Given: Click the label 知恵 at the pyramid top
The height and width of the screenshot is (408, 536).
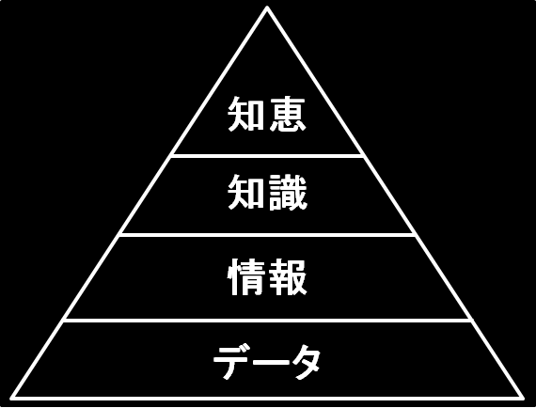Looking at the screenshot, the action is [x=267, y=114].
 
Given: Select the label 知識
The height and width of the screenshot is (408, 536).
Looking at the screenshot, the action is [x=267, y=192].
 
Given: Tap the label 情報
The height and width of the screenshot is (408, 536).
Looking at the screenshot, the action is [x=267, y=276].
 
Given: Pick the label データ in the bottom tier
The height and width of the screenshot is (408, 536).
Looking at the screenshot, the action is [x=267, y=362].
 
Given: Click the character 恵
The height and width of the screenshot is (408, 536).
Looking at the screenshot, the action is [x=287, y=114].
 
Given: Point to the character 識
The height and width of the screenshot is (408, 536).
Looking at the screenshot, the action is [x=288, y=192].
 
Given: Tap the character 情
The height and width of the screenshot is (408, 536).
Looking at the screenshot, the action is [x=246, y=276].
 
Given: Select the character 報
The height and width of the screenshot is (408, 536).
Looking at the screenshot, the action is [x=288, y=276].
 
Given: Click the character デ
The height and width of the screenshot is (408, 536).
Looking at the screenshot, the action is [x=231, y=362].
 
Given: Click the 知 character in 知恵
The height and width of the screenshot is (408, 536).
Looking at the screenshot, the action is [x=246, y=114].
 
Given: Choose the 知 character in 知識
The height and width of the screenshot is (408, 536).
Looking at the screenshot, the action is [x=246, y=192].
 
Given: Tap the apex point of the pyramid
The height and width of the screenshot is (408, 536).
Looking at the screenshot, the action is [x=267, y=7].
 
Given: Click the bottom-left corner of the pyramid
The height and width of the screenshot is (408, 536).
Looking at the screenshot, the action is [x=11, y=398].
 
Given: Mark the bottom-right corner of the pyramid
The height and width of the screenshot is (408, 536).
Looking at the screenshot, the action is [x=522, y=398].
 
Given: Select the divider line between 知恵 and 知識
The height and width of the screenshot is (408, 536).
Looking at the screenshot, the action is [x=267, y=156].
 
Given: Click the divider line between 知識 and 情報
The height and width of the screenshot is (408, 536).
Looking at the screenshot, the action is [x=267, y=235].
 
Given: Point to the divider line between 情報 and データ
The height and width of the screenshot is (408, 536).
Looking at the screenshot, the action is [x=267, y=321].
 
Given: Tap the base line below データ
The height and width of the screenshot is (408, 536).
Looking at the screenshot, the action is [x=267, y=399].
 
